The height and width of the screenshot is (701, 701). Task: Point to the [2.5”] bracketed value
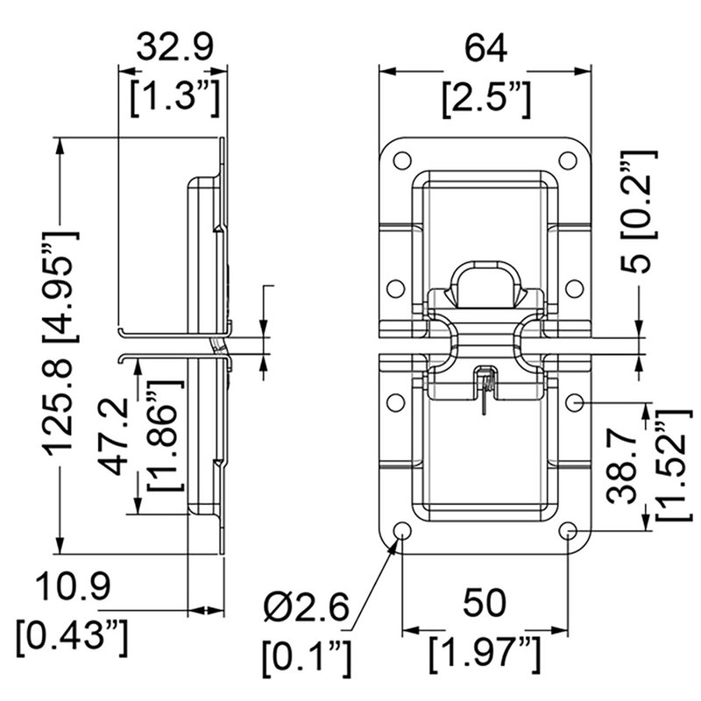(485, 98)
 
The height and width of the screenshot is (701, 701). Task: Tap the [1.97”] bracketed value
(485, 653)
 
